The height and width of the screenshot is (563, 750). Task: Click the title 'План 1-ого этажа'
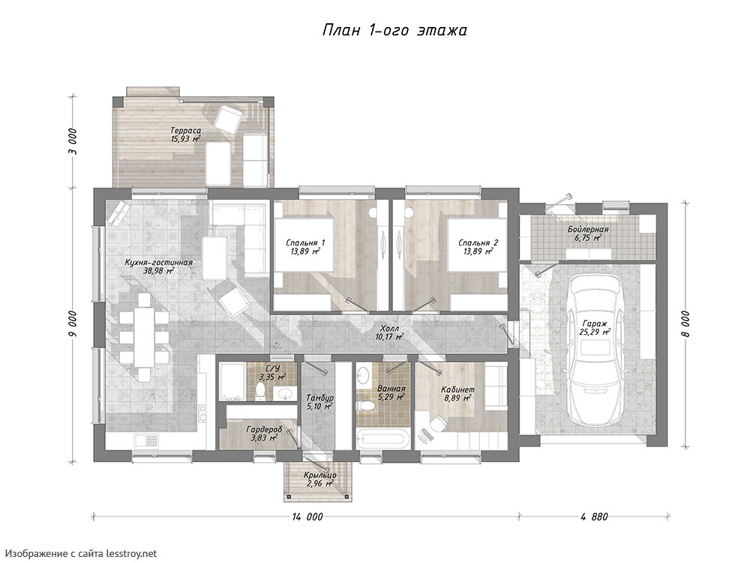pyautogui.click(x=394, y=31)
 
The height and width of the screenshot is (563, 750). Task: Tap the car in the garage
pyautogui.click(x=594, y=350)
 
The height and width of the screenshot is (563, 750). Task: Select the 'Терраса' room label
pyautogui.click(x=185, y=131)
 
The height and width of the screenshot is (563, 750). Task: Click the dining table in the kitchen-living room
pyautogui.click(x=143, y=337)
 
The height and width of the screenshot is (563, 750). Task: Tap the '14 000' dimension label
pyautogui.click(x=307, y=517)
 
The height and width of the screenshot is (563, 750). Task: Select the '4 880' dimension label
pyautogui.click(x=595, y=517)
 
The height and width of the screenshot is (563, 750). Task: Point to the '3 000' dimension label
pyautogui.click(x=72, y=142)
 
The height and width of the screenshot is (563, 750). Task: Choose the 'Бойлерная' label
pyautogui.click(x=588, y=230)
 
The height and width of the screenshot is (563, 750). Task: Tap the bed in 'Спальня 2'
pyautogui.click(x=477, y=245)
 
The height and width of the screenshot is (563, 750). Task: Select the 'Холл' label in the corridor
pyautogui.click(x=388, y=329)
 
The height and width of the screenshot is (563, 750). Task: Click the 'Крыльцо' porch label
pyautogui.click(x=320, y=475)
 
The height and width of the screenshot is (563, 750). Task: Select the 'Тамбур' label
pyautogui.click(x=320, y=399)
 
